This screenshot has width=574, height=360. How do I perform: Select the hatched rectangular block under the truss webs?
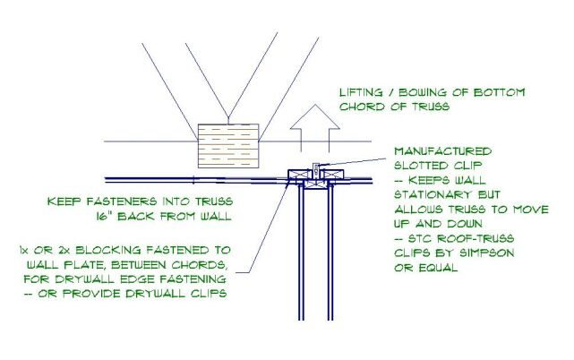(227, 143)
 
